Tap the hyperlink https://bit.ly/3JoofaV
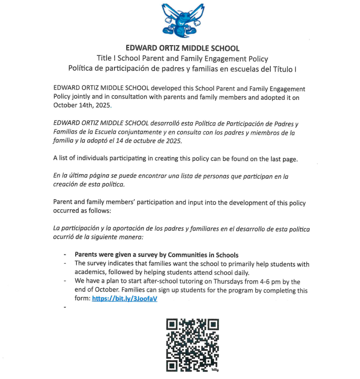(x=124, y=299)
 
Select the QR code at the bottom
(x=193, y=345)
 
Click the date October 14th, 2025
(x=81, y=105)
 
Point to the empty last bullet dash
(x=65, y=308)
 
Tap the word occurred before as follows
(x=66, y=211)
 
